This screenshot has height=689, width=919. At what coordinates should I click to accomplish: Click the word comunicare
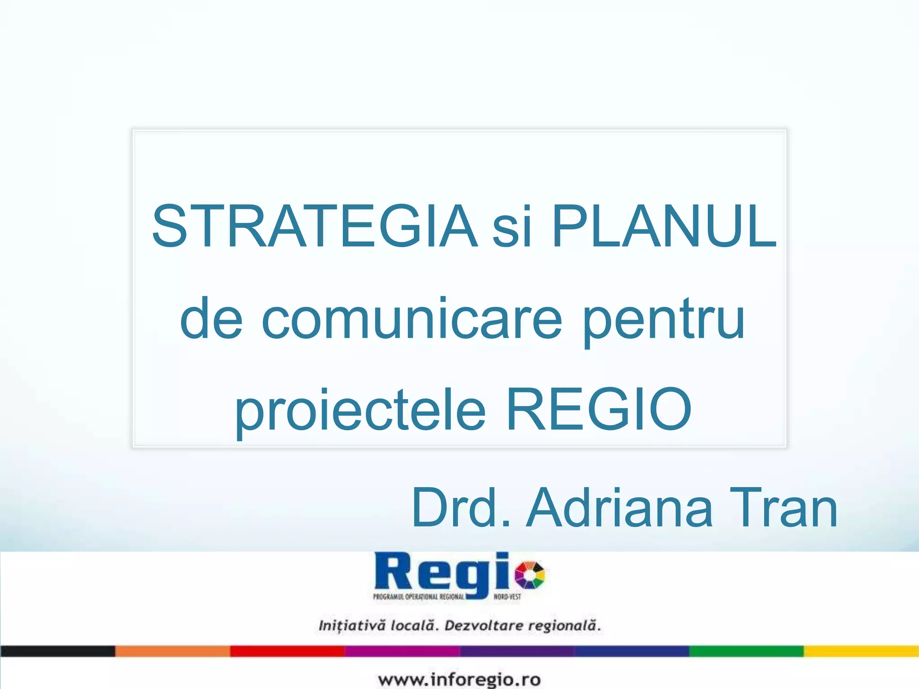click(411, 320)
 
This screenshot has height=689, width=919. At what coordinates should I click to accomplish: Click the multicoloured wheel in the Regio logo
click(530, 575)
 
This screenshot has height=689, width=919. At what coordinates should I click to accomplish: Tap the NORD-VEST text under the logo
click(507, 597)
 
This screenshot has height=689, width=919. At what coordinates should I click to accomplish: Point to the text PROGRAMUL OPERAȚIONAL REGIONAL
click(418, 597)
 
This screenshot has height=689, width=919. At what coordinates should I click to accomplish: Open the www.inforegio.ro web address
click(459, 679)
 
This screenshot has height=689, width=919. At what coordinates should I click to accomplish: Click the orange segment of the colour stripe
click(172, 651)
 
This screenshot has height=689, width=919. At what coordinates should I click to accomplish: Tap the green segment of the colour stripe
click(746, 651)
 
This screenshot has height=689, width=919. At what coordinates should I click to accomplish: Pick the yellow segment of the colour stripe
click(861, 651)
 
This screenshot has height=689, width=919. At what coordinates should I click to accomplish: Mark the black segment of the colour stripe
click(57, 651)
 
